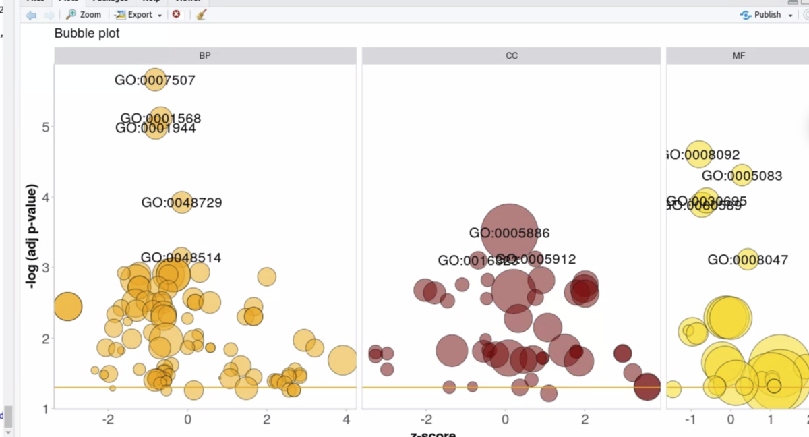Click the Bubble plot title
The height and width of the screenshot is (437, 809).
click(x=87, y=33)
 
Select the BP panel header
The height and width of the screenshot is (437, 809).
click(x=205, y=56)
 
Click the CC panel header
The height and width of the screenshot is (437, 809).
click(x=512, y=56)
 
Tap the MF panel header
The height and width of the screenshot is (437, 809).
click(x=739, y=56)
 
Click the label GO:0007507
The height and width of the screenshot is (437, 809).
click(x=155, y=80)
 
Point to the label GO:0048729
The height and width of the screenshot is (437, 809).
click(x=181, y=202)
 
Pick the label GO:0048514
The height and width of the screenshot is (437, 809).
click(x=181, y=258)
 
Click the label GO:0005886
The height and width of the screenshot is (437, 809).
click(x=510, y=233)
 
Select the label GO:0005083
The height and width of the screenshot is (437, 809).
click(x=742, y=176)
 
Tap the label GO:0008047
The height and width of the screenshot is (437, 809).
click(x=748, y=260)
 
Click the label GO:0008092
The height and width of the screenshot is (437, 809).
click(x=702, y=155)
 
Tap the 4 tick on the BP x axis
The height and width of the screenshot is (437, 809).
click(x=346, y=419)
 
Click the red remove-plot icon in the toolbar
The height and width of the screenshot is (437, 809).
click(x=177, y=14)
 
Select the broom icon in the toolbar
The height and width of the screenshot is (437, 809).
click(x=201, y=14)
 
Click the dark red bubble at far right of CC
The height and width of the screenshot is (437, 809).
click(x=647, y=387)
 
